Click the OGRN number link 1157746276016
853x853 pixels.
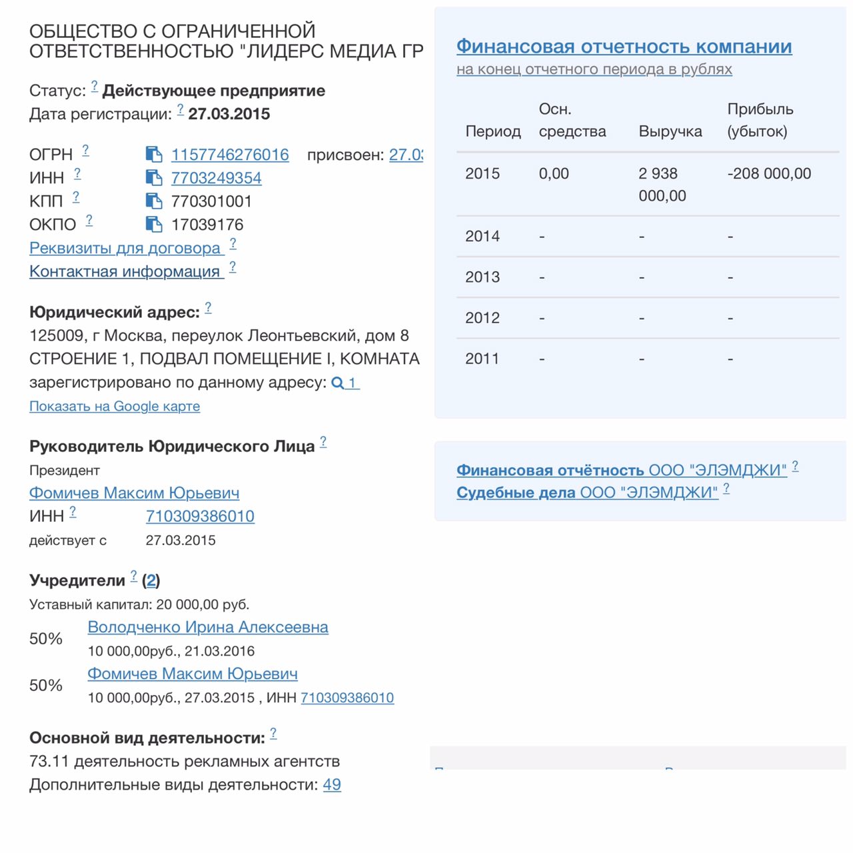pyautogui.click(x=230, y=155)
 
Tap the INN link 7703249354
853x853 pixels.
pyautogui.click(x=216, y=178)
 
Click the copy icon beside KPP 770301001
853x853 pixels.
pyautogui.click(x=154, y=201)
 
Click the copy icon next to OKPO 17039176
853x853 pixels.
pyautogui.click(x=154, y=225)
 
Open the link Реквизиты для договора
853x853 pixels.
pyautogui.click(x=125, y=249)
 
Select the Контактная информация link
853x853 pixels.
pyautogui.click(x=125, y=272)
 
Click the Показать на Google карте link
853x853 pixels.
pyautogui.click(x=115, y=407)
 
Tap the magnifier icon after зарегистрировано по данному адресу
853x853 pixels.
pyautogui.click(x=338, y=383)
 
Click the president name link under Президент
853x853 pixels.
pyautogui.click(x=134, y=493)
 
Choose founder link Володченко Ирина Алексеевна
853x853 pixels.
pyautogui.click(x=208, y=627)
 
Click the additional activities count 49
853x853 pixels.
pyautogui.click(x=332, y=785)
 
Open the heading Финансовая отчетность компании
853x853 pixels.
pyautogui.click(x=624, y=47)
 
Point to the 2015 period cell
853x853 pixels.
pyautogui.click(x=482, y=174)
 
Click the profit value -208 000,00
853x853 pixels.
pyautogui.click(x=769, y=174)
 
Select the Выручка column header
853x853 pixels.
pyautogui.click(x=670, y=131)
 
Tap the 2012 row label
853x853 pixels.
pyautogui.click(x=482, y=318)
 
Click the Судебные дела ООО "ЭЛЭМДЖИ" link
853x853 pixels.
pyautogui.click(x=587, y=492)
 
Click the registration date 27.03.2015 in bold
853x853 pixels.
pyautogui.click(x=229, y=114)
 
